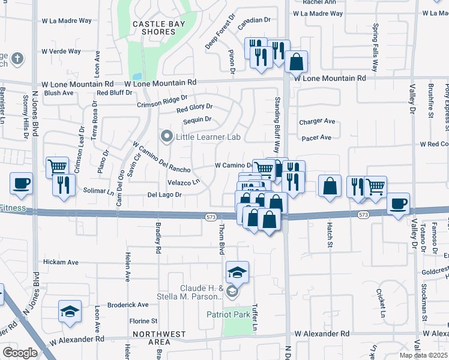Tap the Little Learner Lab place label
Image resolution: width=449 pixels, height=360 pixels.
click(207, 137)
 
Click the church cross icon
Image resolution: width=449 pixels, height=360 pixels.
click(18, 59)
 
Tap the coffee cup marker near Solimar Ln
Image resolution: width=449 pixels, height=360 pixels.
click(21, 183)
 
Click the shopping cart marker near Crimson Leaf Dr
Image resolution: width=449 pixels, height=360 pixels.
click(57, 166)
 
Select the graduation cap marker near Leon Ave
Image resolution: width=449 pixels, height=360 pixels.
click(70, 311)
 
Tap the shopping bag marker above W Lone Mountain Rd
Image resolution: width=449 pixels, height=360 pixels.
click(296, 61)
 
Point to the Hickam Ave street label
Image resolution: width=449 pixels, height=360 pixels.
click(62, 262)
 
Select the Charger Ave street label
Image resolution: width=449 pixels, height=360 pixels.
click(316, 121)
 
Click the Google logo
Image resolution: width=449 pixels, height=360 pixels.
click(20, 353)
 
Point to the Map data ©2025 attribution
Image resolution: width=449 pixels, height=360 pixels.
click(423, 355)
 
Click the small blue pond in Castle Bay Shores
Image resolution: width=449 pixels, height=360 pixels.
click(137, 77)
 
